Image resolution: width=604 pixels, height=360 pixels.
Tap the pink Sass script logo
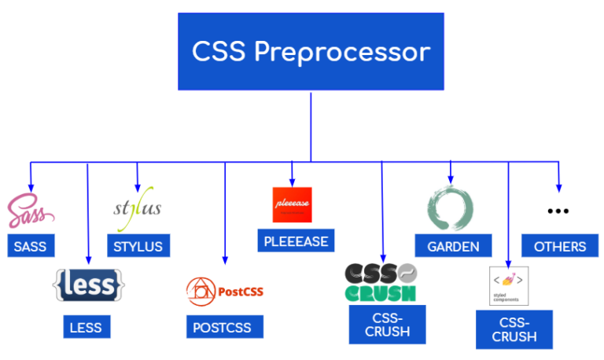30,212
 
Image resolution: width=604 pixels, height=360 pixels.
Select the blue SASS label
30,246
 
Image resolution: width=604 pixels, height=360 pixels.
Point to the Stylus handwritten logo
138,209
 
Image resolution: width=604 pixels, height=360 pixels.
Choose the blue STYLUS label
138,246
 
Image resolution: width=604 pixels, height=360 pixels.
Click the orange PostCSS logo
225,291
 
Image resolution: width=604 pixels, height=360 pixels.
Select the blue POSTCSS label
225,326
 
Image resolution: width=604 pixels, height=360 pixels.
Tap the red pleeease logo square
292,205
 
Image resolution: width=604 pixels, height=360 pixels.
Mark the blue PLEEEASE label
292,241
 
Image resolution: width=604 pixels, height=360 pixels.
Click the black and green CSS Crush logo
381,283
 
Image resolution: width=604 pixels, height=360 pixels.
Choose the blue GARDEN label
453,246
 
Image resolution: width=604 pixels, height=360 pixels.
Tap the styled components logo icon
509,285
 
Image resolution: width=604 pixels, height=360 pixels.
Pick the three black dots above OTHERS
558,211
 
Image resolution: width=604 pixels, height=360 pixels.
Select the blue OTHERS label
559,246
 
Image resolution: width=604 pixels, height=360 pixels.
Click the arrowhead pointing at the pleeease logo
292,182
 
